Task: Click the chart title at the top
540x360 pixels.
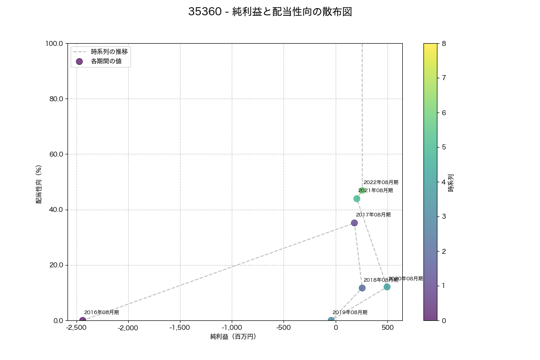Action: tap(270, 12)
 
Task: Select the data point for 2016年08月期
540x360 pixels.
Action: tap(83, 320)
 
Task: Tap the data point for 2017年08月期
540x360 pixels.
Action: tap(354, 223)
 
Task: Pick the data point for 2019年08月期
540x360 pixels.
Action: tap(331, 320)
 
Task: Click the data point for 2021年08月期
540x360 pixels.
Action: tap(357, 198)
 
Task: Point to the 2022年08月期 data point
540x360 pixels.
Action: tap(362, 191)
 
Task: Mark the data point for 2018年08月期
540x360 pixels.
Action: tap(362, 288)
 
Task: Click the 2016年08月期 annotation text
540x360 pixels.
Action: tap(101, 312)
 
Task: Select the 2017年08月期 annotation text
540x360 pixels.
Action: tap(373, 215)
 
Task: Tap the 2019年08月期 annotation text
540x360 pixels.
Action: tap(350, 312)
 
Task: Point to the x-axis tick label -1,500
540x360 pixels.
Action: tap(180, 328)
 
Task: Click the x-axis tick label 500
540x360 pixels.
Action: tap(388, 328)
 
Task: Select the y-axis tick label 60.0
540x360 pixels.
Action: tap(55, 154)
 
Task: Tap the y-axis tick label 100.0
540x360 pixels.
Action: tap(54, 44)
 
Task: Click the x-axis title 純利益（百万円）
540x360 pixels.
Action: tap(233, 337)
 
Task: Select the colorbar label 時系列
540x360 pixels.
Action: tap(451, 182)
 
